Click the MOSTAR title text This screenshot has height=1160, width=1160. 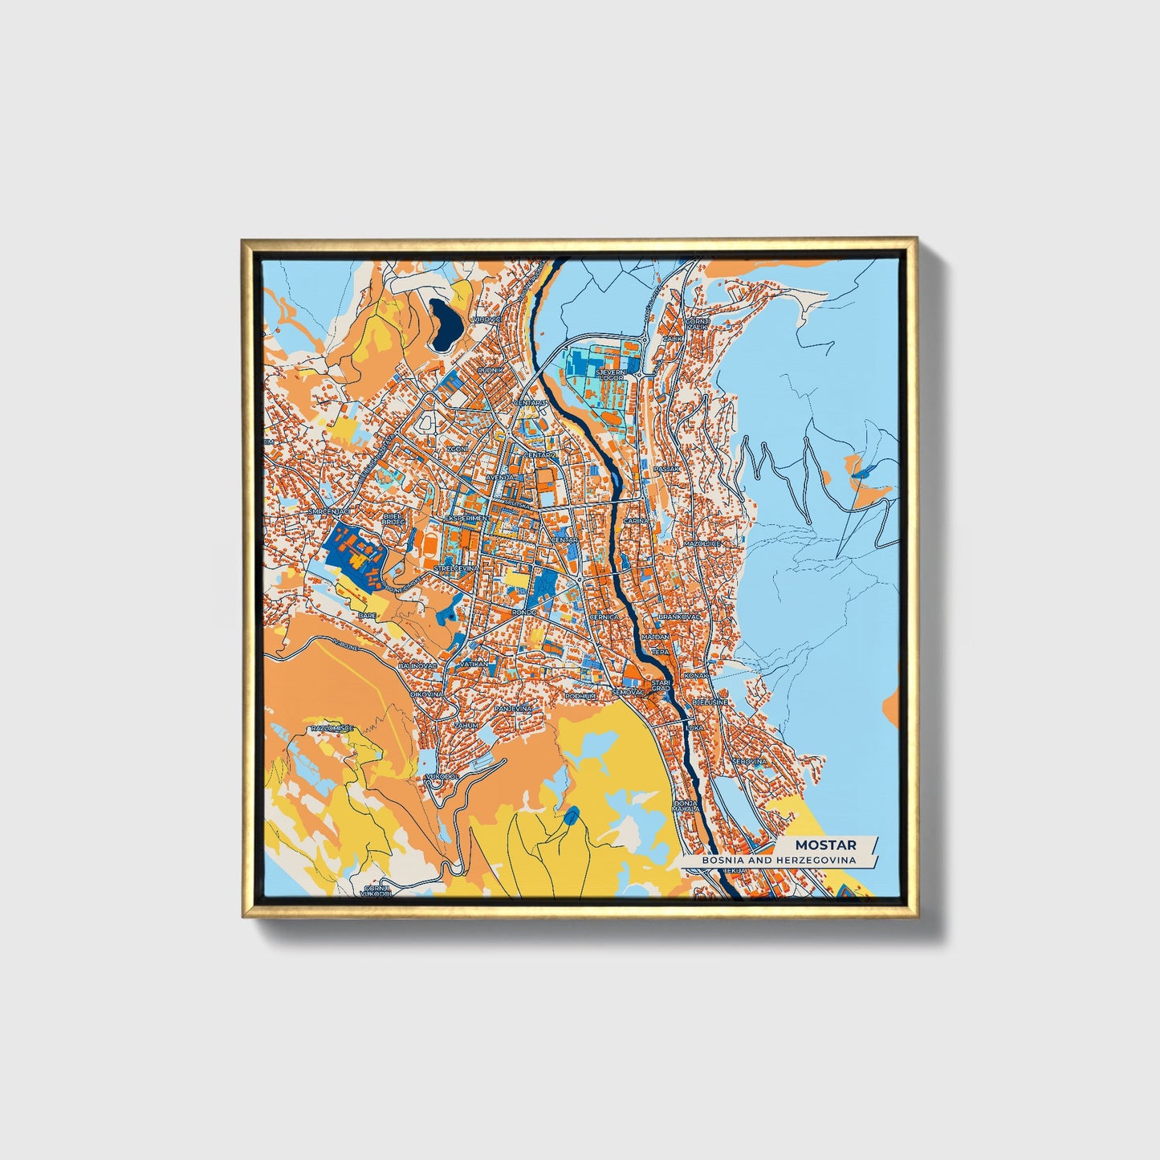pyautogui.click(x=824, y=845)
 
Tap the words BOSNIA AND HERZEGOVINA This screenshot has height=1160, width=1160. pyautogui.click(x=776, y=860)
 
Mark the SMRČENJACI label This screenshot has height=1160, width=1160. pyautogui.click(x=329, y=511)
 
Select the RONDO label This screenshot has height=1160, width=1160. pyautogui.click(x=523, y=613)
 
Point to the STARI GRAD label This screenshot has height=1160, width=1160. pyautogui.click(x=661, y=685)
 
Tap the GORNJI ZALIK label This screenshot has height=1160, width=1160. pyautogui.click(x=694, y=323)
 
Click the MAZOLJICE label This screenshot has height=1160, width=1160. pyautogui.click(x=702, y=543)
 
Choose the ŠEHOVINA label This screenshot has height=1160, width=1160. pyautogui.click(x=749, y=760)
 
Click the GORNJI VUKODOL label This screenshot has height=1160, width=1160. pyautogui.click(x=375, y=890)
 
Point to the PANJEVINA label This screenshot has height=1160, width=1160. pyautogui.click(x=514, y=709)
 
